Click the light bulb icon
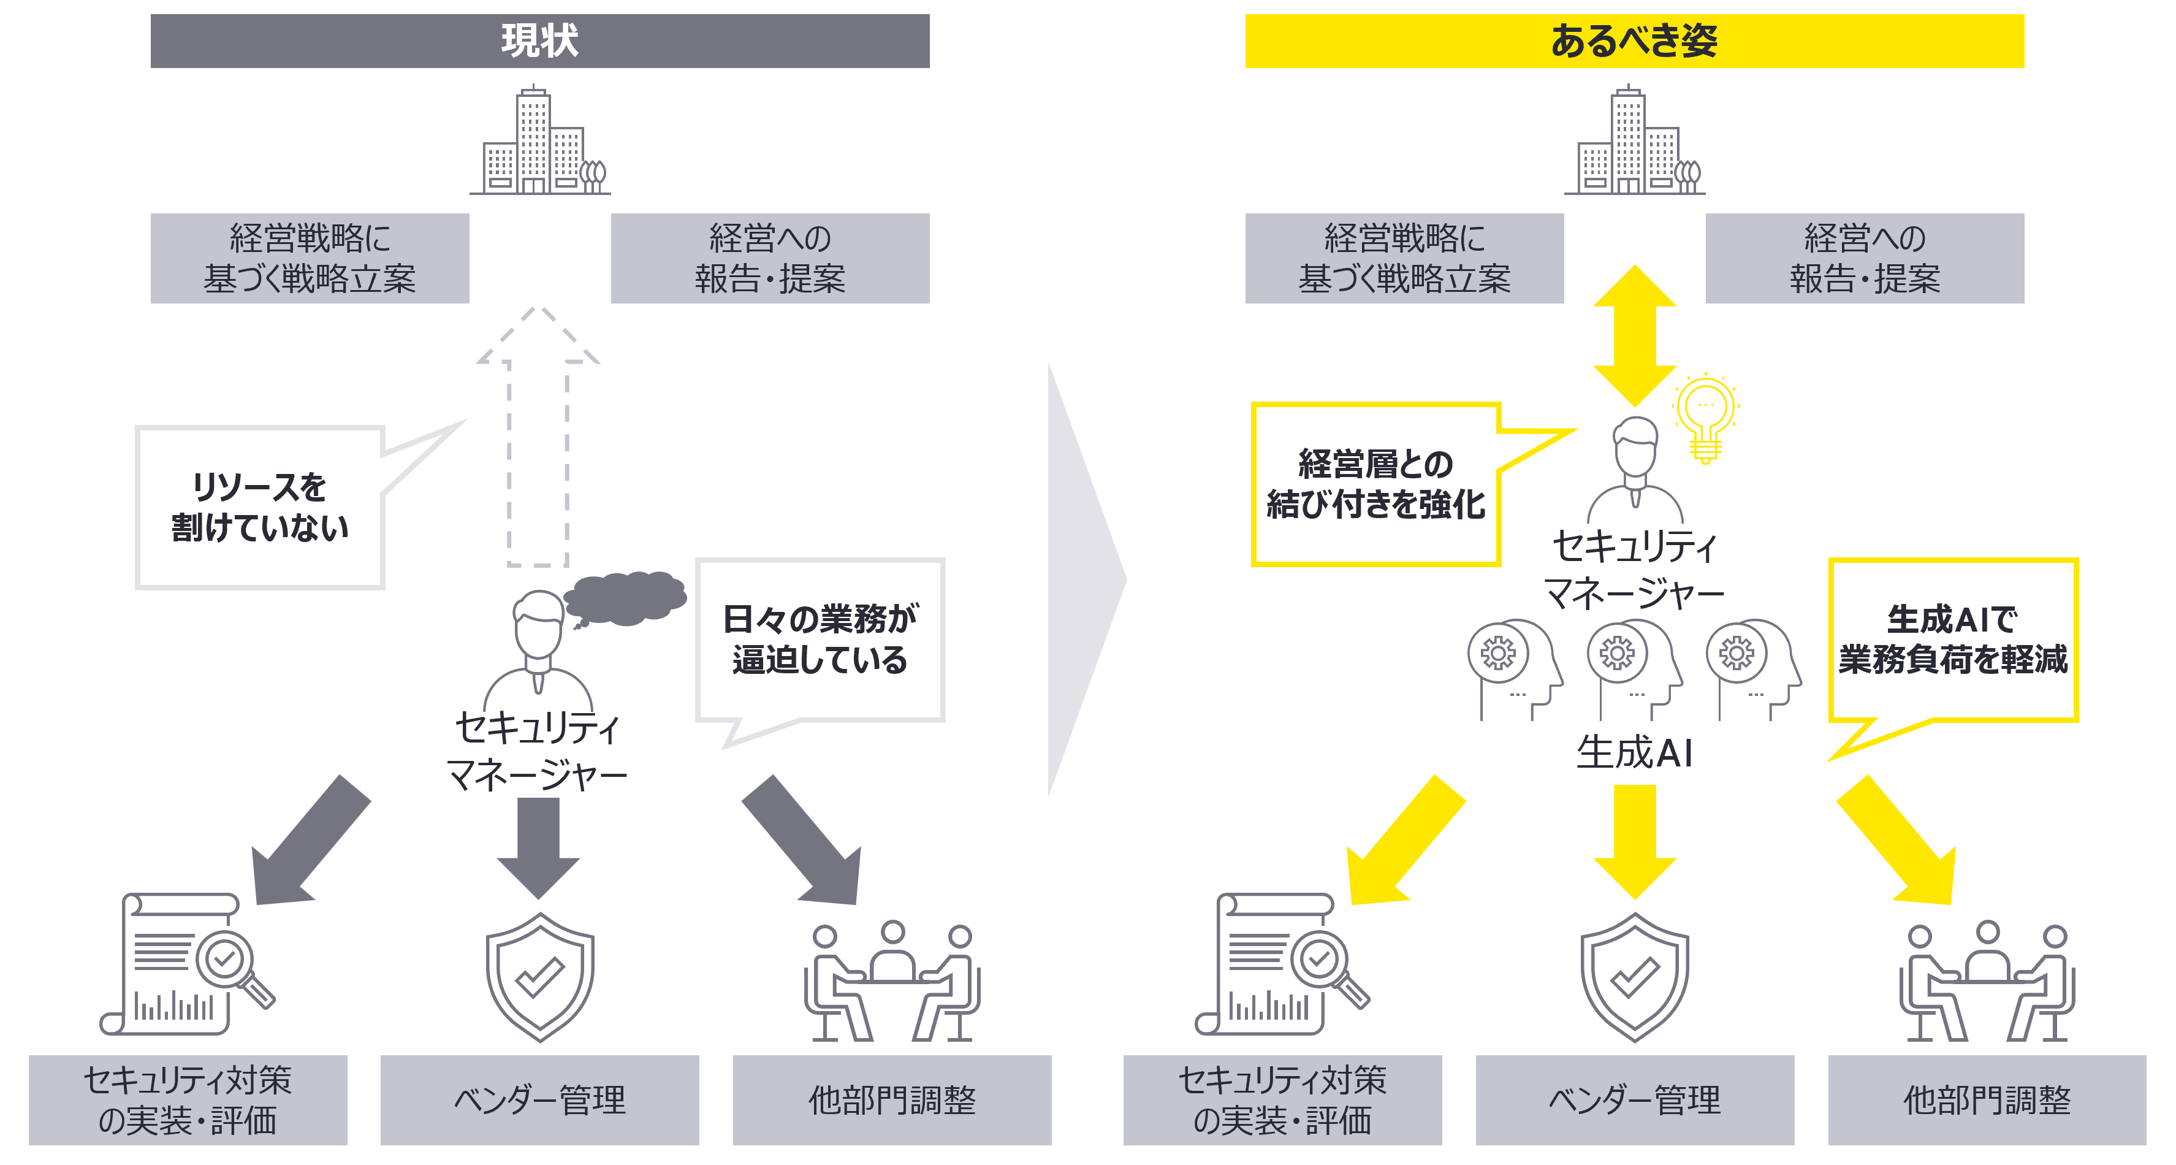tap(1705, 416)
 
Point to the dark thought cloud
tap(626, 597)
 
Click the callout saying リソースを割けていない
tap(259, 507)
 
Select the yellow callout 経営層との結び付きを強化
tap(1375, 484)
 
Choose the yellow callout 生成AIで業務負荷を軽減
tap(1952, 640)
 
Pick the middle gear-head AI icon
tap(1630, 667)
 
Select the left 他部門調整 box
tap(891, 1099)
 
